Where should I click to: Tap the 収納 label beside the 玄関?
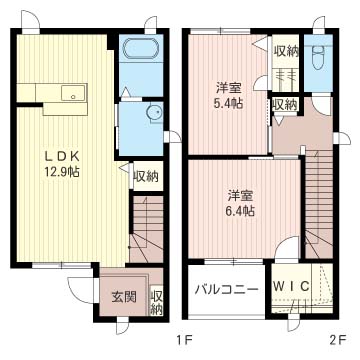coord(157,302)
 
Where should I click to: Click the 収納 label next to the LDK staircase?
coord(146,177)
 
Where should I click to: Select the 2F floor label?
coord(338,339)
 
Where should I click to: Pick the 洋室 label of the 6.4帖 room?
coord(239,194)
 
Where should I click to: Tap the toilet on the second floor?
coord(317,55)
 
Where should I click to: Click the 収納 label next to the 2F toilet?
coord(285,49)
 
